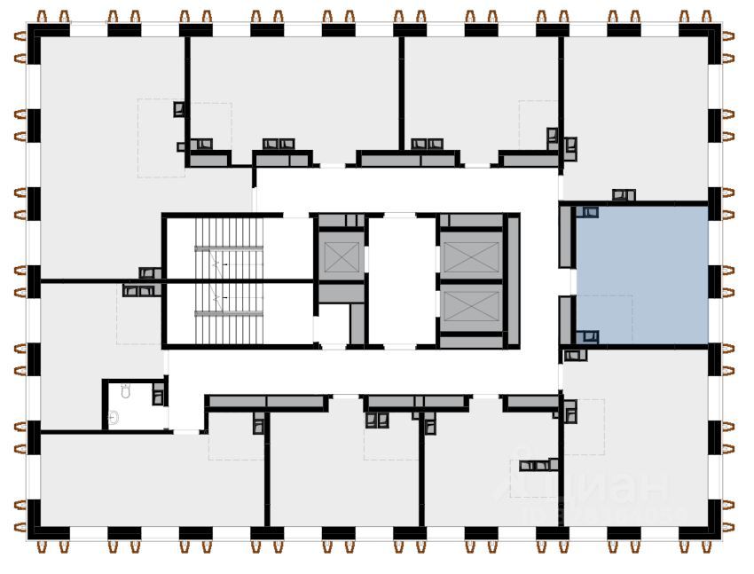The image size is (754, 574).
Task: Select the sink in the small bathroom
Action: pos(114,416)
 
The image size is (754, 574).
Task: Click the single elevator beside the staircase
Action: pos(341,257)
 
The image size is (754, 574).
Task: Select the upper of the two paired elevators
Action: pos(471,257)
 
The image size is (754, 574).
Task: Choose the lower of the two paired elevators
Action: pos(471,310)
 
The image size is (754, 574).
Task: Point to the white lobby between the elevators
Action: pos(402,279)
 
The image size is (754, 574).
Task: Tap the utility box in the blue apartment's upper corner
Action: pos(587,212)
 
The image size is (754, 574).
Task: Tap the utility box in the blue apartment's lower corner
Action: pos(587,336)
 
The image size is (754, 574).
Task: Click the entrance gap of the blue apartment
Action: pos(568,281)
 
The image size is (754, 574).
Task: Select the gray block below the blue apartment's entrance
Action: pos(567,319)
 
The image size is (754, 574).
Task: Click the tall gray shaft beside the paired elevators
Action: pos(512,279)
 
